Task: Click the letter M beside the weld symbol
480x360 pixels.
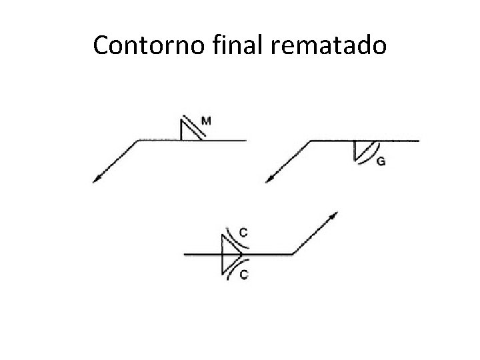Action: coord(207,121)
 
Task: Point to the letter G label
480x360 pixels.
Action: coord(381,161)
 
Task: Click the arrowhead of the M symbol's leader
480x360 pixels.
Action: coord(96,178)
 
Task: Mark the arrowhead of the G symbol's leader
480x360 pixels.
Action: coord(269,178)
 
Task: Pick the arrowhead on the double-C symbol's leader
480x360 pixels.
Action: coord(334,215)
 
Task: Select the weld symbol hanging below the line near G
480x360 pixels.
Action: coord(361,151)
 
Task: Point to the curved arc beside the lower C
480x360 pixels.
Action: coord(233,268)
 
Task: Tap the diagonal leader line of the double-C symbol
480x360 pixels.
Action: coord(312,235)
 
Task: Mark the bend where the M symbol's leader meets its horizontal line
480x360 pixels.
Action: coord(138,141)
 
